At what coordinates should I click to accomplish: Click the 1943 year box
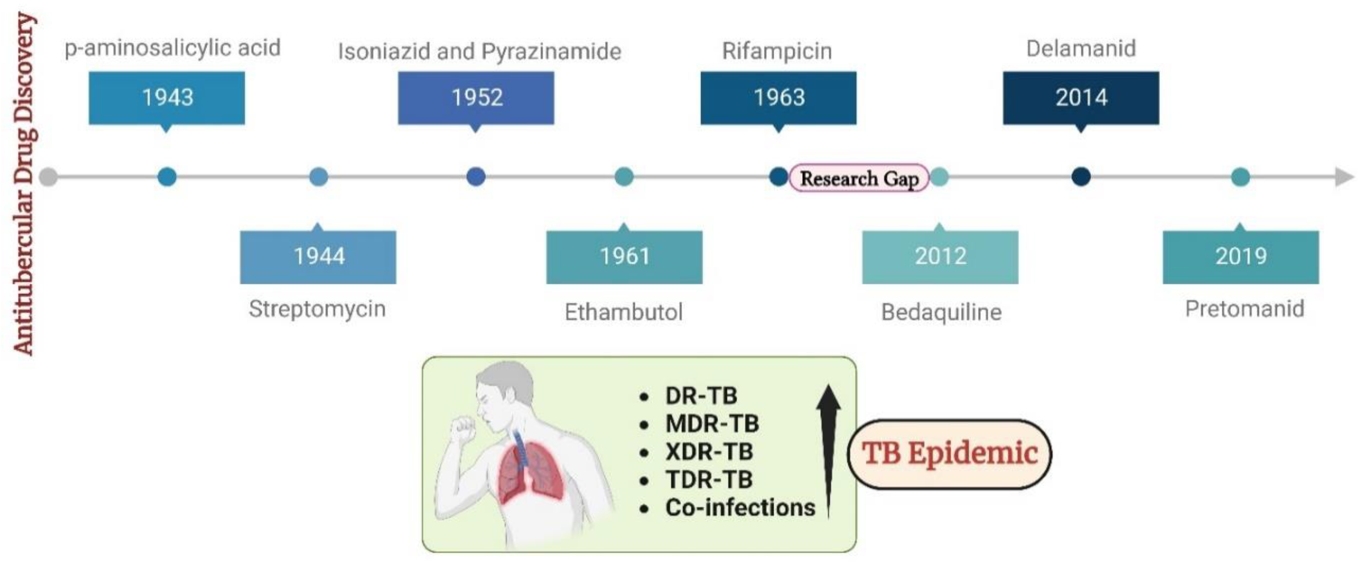[166, 98]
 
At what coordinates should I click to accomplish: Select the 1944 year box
[318, 256]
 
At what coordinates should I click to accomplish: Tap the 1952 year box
[476, 98]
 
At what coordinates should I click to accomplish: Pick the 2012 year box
[940, 256]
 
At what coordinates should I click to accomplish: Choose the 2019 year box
[1240, 256]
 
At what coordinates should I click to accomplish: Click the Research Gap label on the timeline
[859, 178]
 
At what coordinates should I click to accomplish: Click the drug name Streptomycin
[317, 309]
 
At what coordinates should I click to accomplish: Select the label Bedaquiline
[941, 312]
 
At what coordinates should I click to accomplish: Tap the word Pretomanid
[1244, 309]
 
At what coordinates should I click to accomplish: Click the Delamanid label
[1081, 49]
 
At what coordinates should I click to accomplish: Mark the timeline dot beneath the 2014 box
[1081, 177]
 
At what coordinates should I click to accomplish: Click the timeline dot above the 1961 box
[624, 177]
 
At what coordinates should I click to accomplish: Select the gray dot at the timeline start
[49, 177]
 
